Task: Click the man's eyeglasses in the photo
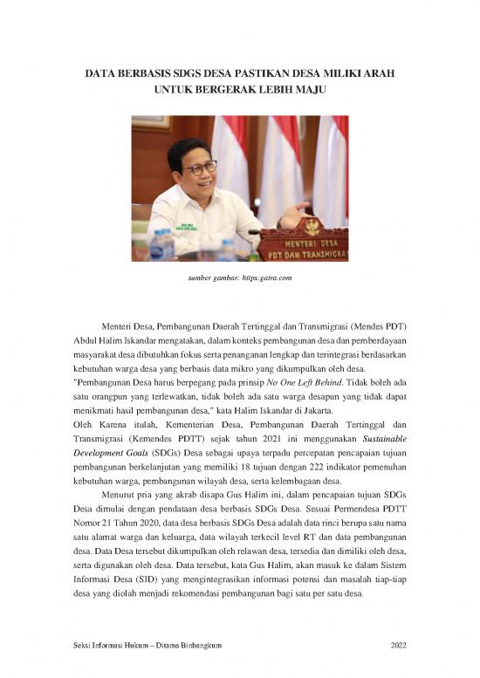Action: (199, 165)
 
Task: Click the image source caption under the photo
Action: (239, 277)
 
